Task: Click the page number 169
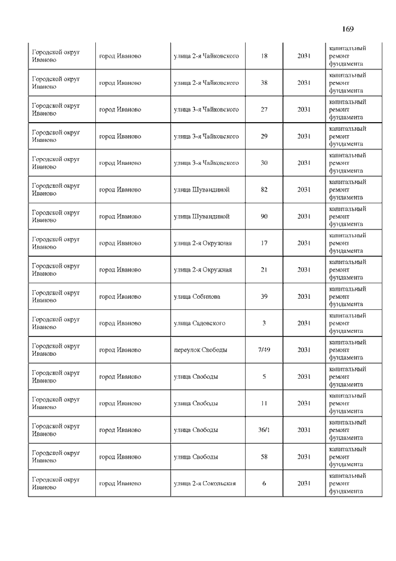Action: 346,29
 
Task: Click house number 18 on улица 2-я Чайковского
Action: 264,56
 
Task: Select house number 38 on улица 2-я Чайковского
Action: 264,83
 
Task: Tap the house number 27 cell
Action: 264,110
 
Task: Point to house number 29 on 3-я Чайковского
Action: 264,136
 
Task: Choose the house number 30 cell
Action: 264,163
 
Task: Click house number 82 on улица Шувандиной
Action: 264,190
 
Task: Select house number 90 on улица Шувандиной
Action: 264,216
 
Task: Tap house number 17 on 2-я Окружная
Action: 264,243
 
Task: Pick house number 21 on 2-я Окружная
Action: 264,270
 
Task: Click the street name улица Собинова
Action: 197,296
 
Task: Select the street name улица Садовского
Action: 199,323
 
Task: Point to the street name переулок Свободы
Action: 200,350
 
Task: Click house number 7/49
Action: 264,350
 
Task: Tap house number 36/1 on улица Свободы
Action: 264,430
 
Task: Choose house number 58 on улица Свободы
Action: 264,456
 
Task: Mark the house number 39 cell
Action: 264,296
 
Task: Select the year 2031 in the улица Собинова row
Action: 304,296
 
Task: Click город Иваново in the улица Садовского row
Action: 120,323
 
